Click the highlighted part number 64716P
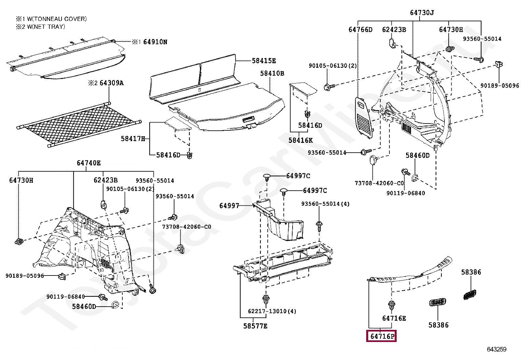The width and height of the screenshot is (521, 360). point(381,336)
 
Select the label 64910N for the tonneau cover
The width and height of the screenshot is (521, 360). point(155,42)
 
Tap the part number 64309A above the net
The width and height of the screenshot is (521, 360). point(111,83)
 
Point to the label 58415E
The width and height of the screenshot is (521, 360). point(264,61)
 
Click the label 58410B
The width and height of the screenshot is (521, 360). point(272,73)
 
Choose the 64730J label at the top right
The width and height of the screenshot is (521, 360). point(422,13)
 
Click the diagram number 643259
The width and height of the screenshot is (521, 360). point(496,349)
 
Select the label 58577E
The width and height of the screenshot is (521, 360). point(255,326)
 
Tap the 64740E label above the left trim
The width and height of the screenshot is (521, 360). point(89,163)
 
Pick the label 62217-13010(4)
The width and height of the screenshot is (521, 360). point(272,311)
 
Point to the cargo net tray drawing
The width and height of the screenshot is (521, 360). point(79,124)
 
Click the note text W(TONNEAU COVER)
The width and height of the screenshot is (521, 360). point(57,19)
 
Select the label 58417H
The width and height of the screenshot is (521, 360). point(133,139)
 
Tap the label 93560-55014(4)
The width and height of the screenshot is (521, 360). point(325,204)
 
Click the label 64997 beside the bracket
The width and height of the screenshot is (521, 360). point(229,206)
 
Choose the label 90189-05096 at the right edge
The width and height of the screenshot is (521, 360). point(499,85)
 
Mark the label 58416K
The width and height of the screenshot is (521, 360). point(300,140)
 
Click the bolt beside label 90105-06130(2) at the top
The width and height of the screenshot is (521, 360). point(329,87)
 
